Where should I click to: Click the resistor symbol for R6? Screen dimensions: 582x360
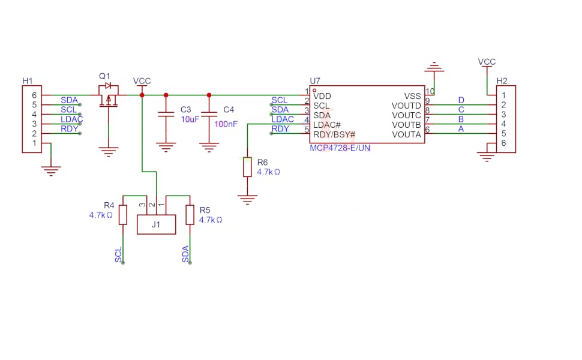pyautogui.click(x=247, y=167)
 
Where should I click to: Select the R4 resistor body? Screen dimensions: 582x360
pyautogui.click(x=123, y=215)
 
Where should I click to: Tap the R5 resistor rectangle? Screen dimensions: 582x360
pyautogui.click(x=190, y=215)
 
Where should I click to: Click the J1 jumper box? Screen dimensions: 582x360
pyautogui.click(x=156, y=224)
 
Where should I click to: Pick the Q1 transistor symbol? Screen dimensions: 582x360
pyautogui.click(x=109, y=96)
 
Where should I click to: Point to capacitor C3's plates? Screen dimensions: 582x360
pyautogui.click(x=166, y=114)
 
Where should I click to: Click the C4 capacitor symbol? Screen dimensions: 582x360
pyautogui.click(x=209, y=114)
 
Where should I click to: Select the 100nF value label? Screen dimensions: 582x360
pyautogui.click(x=226, y=124)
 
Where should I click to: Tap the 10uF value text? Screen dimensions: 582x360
pyautogui.click(x=190, y=119)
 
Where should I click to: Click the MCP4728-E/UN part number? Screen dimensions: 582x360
pyautogui.click(x=340, y=148)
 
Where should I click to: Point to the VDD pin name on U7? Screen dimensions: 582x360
pyautogui.click(x=322, y=96)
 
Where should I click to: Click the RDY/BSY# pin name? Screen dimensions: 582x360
pyautogui.click(x=334, y=134)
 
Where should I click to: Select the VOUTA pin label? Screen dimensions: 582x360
pyautogui.click(x=406, y=134)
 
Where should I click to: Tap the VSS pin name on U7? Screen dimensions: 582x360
pyautogui.click(x=412, y=96)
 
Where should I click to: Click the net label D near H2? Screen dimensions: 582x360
pyautogui.click(x=461, y=100)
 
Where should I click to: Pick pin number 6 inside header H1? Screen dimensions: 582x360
pyautogui.click(x=34, y=95)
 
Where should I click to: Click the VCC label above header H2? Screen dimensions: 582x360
pyautogui.click(x=487, y=62)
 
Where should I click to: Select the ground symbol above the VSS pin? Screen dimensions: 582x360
pyautogui.click(x=434, y=67)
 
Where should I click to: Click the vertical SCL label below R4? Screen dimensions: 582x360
pyautogui.click(x=118, y=255)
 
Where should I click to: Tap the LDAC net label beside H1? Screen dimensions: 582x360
pyautogui.click(x=71, y=119)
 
